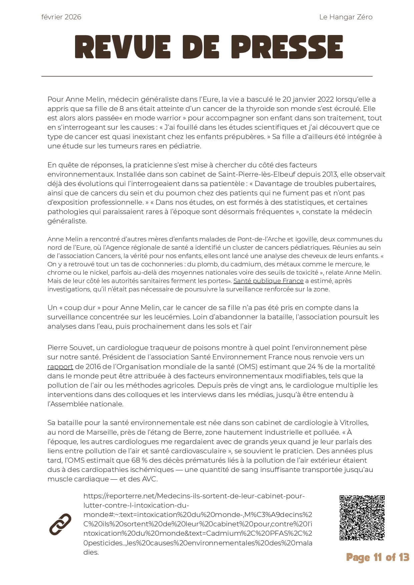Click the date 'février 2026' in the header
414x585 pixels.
(61, 17)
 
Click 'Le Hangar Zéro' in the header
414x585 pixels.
(346, 17)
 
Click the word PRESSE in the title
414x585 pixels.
(287, 47)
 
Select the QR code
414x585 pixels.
(362, 518)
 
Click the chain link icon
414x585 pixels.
(60, 524)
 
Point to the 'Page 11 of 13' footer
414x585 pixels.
(377, 557)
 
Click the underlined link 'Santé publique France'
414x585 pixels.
(268, 281)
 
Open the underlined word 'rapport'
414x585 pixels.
(60, 367)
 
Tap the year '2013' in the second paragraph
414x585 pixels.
(330, 174)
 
